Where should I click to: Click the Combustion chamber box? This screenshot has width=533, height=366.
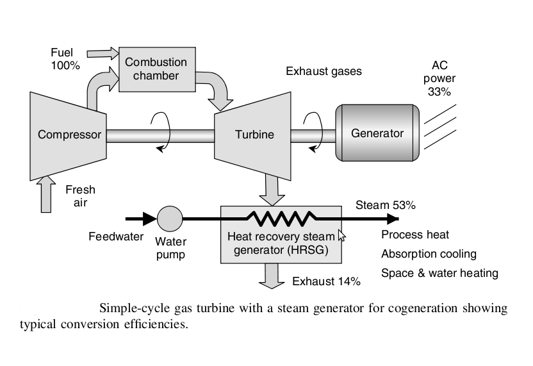[156, 69]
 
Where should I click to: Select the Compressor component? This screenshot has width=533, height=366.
[69, 135]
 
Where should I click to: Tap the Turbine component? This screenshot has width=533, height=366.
[253, 135]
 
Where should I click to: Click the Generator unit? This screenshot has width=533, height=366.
[377, 133]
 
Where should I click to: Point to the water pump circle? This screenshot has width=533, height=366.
[170, 219]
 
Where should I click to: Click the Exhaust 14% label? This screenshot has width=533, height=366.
[326, 281]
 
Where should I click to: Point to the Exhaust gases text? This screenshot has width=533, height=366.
[324, 71]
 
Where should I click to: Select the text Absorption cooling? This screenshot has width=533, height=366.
[429, 254]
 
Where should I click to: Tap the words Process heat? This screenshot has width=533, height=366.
[415, 235]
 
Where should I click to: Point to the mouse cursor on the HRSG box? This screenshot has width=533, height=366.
[341, 236]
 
